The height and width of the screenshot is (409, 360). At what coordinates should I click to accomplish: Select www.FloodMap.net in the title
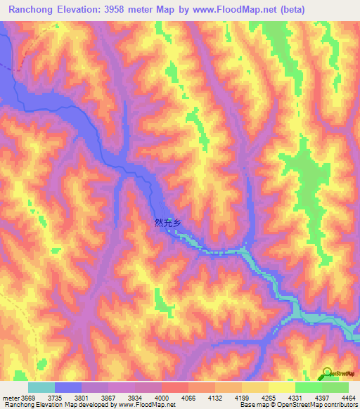tap(250, 9)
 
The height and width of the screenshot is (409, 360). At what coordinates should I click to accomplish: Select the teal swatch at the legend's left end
tap(41, 387)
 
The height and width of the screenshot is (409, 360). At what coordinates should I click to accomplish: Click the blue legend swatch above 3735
tap(68, 387)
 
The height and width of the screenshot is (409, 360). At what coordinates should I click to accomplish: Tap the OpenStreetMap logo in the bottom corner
tap(328, 372)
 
